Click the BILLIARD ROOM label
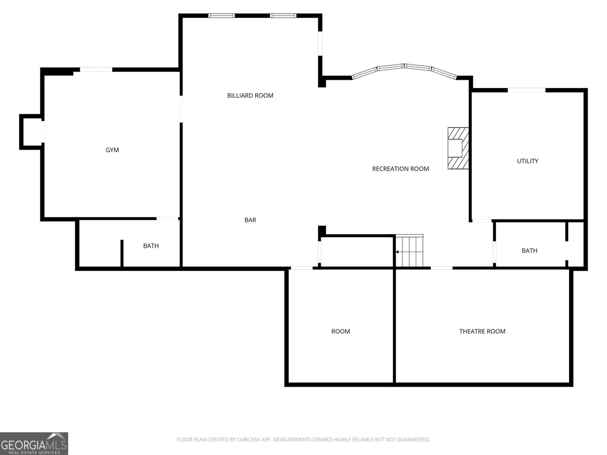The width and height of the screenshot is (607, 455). tap(250, 96)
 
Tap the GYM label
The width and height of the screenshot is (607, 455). tap(112, 150)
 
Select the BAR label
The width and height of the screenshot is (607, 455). tap(250, 220)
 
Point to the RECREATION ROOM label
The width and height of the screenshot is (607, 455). tap(400, 169)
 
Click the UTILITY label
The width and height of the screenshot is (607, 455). tap(528, 161)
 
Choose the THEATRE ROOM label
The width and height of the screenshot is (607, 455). tap(482, 331)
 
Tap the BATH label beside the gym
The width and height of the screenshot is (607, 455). tap(151, 246)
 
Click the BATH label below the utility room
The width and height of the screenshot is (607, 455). tap(529, 251)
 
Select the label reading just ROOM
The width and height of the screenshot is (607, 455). tap(341, 331)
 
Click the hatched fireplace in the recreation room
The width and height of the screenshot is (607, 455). tap(458, 148)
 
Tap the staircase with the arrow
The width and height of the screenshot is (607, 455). tap(409, 251)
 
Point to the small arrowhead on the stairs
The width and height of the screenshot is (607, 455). tap(397, 252)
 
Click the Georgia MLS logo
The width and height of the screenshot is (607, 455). tap(34, 443)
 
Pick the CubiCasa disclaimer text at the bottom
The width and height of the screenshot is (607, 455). tap(303, 439)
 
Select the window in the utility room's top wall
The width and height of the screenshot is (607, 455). tap(526, 90)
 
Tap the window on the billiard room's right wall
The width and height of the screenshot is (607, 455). tap(320, 44)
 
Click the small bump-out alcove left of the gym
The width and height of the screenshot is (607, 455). tap(30, 132)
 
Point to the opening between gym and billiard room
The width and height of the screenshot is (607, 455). tap(181, 109)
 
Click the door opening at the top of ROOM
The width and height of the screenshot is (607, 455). tap(302, 268)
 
